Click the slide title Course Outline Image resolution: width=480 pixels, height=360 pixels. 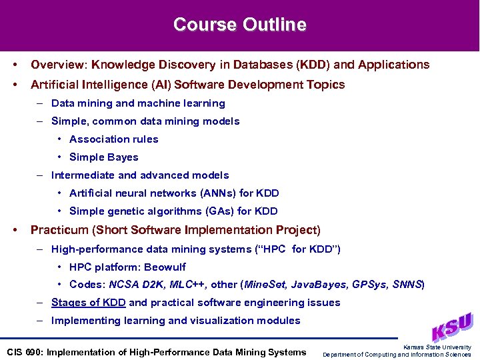[x=240, y=25]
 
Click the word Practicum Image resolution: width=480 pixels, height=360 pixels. [x=59, y=230]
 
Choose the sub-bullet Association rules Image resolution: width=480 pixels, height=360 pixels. [x=113, y=139]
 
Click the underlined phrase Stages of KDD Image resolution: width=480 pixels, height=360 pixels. [x=88, y=302]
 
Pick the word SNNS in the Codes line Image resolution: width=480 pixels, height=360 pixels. [x=407, y=284]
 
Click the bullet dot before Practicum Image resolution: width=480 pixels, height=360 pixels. [x=15, y=230]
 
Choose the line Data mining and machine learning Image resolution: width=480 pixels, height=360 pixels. [x=138, y=103]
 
